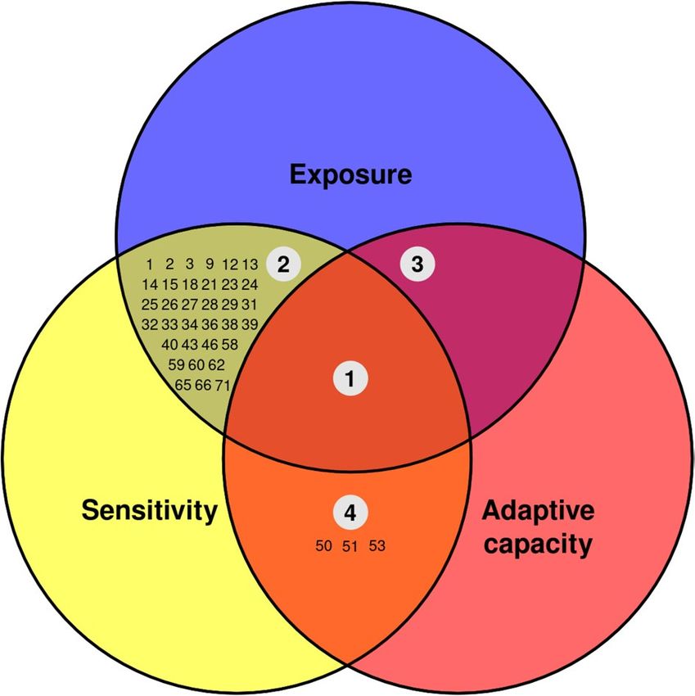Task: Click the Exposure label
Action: [351, 174]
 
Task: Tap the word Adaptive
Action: [536, 510]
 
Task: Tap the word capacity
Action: [536, 544]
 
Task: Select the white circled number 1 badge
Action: [350, 378]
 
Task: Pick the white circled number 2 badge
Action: [283, 264]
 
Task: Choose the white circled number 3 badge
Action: [417, 264]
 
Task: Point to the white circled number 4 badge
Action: [350, 513]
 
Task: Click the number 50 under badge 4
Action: [323, 544]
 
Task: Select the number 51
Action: [350, 544]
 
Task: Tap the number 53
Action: [377, 544]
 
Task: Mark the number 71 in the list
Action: [223, 383]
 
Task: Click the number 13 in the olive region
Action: [250, 264]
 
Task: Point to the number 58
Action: [229, 344]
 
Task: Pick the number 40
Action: [170, 344]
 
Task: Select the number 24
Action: [250, 284]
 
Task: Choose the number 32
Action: [149, 324]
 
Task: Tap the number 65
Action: [183, 383]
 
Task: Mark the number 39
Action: [250, 324]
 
